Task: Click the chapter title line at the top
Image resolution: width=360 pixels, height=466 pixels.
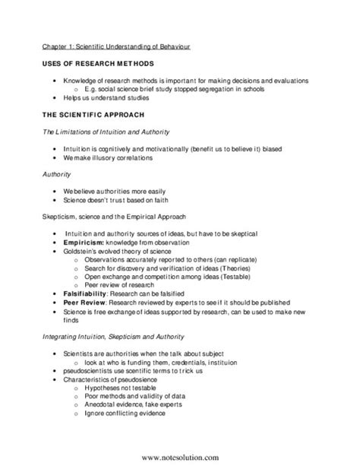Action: (116, 46)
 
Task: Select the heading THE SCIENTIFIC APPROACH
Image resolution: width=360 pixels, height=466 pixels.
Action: (96, 116)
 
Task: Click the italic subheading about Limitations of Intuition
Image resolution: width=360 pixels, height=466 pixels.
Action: (112, 133)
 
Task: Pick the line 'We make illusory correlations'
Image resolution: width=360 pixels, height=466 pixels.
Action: (110, 158)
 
